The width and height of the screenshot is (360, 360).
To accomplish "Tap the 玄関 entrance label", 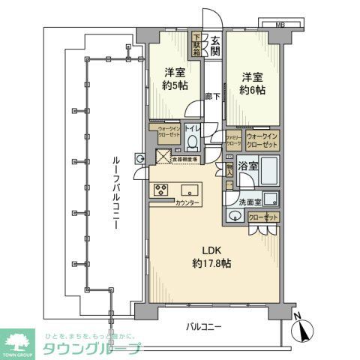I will [x=214, y=46].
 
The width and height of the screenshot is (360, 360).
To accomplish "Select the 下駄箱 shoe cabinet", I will [x=197, y=46].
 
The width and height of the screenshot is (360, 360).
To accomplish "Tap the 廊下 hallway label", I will [x=211, y=97].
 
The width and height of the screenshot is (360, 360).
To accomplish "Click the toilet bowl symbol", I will [x=193, y=142].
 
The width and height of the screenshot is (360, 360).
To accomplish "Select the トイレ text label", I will [x=193, y=128].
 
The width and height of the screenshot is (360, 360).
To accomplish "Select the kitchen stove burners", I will [x=161, y=190].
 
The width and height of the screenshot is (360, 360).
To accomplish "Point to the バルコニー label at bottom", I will [x=203, y=327].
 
